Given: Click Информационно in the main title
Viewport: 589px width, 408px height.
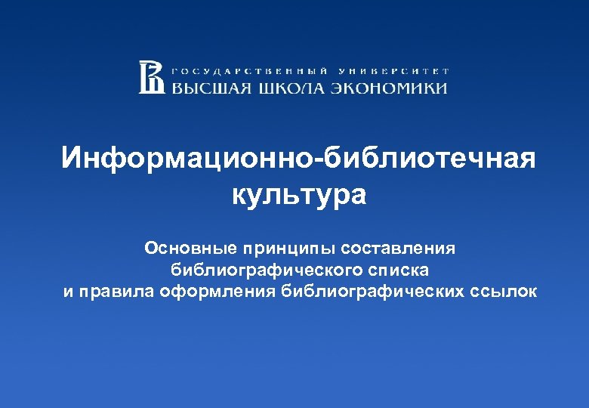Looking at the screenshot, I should click(190, 159).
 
